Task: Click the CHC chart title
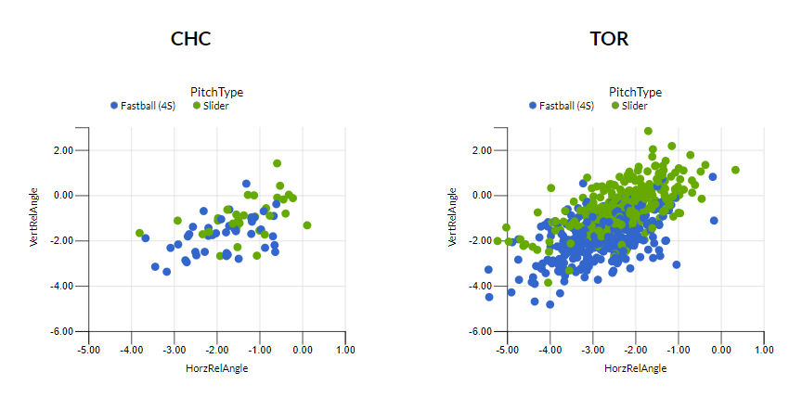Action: (x=190, y=39)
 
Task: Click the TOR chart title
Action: (x=609, y=39)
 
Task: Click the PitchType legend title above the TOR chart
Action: (x=635, y=92)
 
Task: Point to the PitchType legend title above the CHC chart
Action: (x=216, y=92)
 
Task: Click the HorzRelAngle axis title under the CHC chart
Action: (x=216, y=368)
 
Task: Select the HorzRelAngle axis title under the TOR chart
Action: (x=635, y=368)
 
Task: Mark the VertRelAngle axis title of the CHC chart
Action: (x=33, y=217)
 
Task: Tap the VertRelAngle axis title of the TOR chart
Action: (x=452, y=217)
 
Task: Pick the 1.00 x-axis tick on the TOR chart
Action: (x=764, y=350)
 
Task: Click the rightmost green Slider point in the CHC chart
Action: (x=307, y=225)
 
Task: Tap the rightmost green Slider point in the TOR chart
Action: (x=735, y=170)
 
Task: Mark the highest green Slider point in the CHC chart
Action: (x=277, y=163)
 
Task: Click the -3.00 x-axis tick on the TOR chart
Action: (x=592, y=350)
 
